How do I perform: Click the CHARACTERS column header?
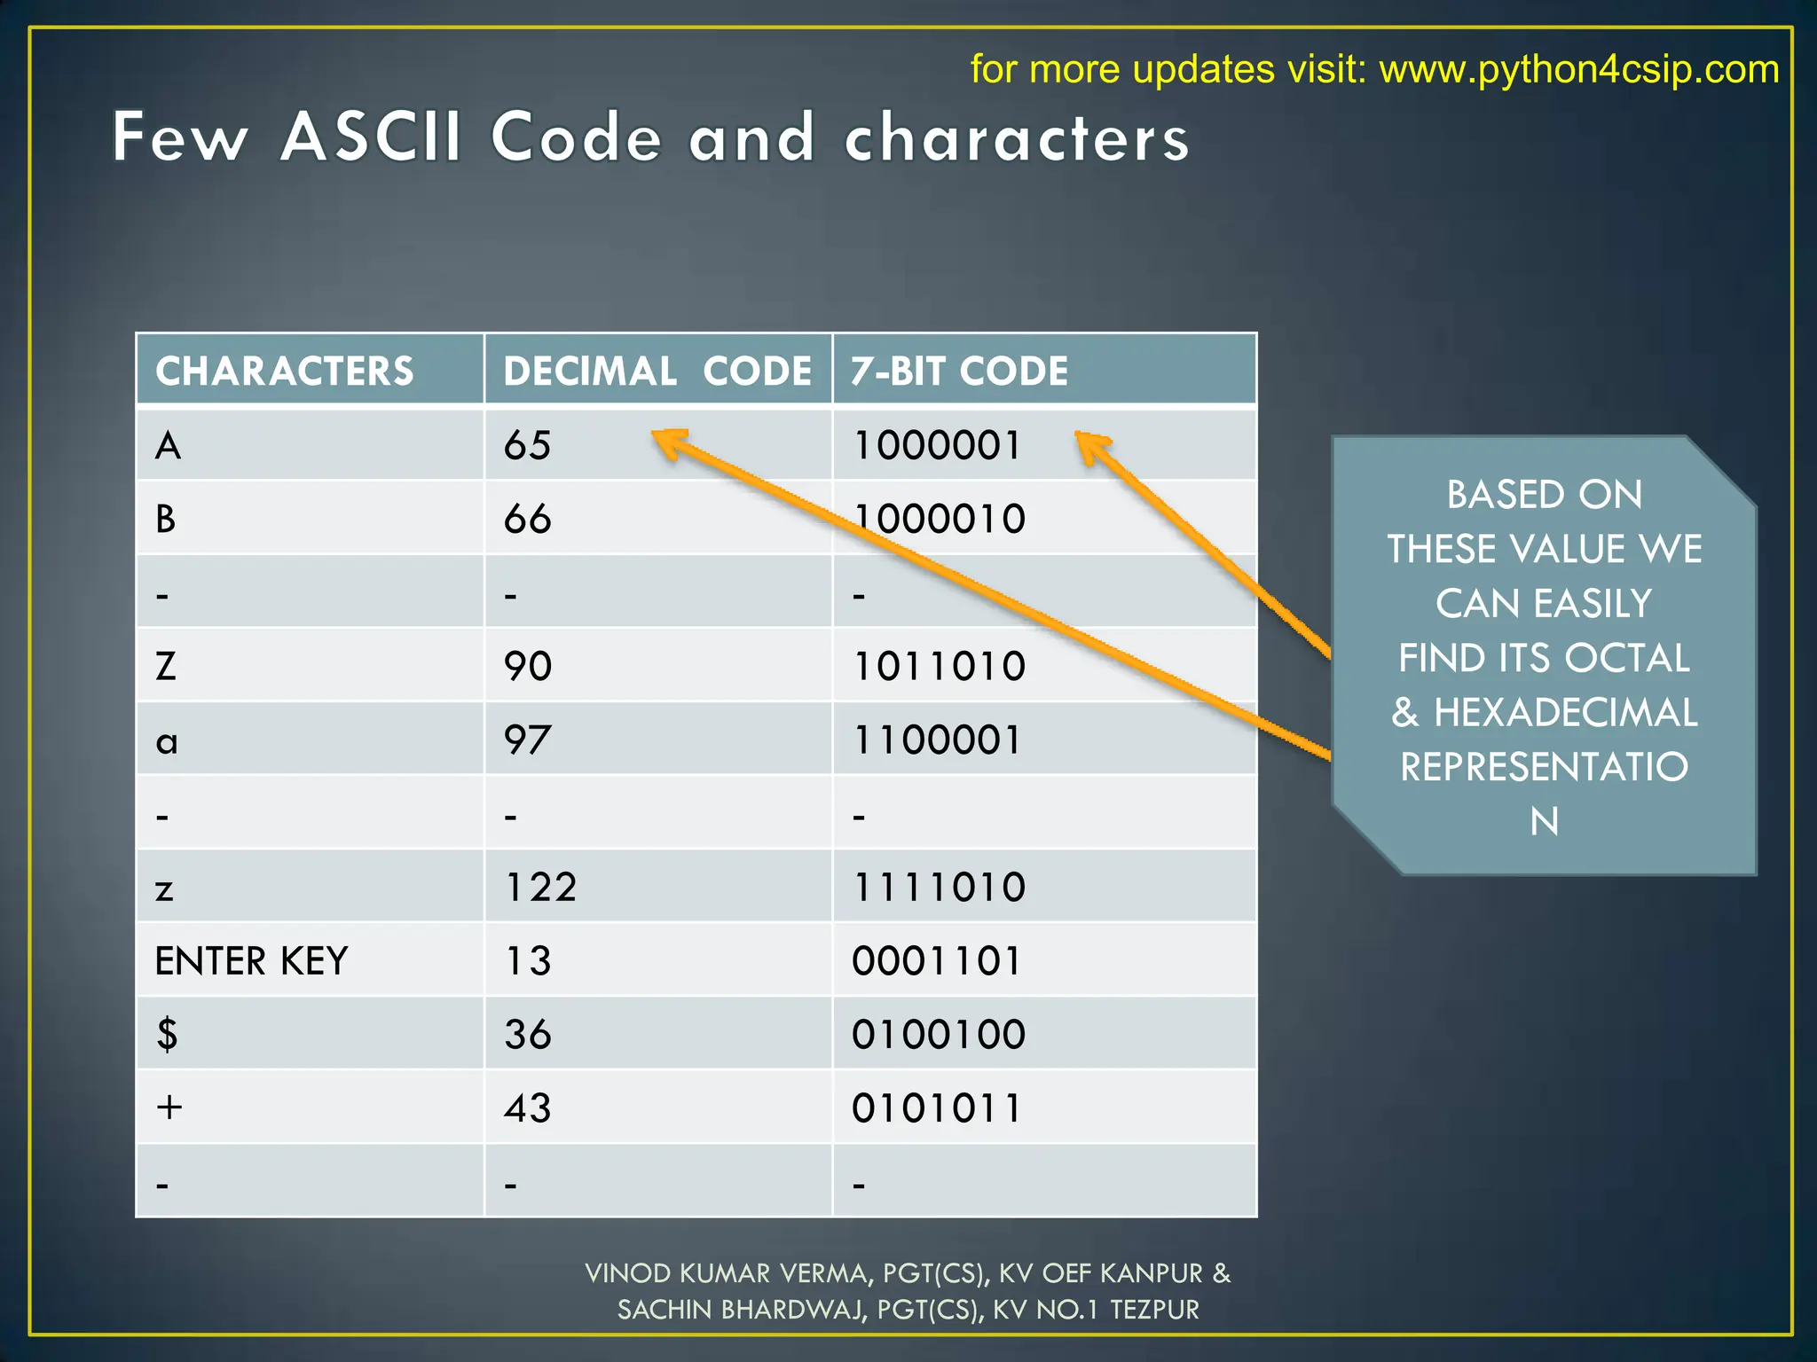(284, 371)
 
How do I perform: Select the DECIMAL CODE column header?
(657, 371)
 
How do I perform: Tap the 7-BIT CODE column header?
(959, 371)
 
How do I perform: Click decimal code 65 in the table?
(527, 445)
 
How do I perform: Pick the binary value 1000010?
(939, 519)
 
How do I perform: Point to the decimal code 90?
(528, 666)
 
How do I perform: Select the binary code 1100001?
(937, 740)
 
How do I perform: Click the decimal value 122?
(540, 887)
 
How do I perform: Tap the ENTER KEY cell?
(251, 961)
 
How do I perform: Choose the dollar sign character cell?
(167, 1035)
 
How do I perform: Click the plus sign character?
(169, 1108)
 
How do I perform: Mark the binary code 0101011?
(937, 1108)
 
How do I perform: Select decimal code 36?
(528, 1035)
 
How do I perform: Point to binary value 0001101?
(937, 961)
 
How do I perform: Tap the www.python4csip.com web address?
(1578, 69)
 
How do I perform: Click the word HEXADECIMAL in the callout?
(1565, 713)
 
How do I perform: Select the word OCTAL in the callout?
(1627, 658)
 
